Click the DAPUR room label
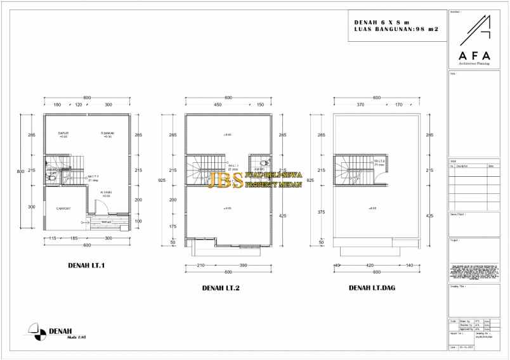coord(63,133)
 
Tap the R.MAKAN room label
coord(107,133)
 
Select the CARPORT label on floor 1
coord(63,209)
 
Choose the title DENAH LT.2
coord(221,288)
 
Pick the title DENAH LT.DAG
coord(372,288)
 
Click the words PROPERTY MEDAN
coord(273,184)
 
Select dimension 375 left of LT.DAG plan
coord(321,212)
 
